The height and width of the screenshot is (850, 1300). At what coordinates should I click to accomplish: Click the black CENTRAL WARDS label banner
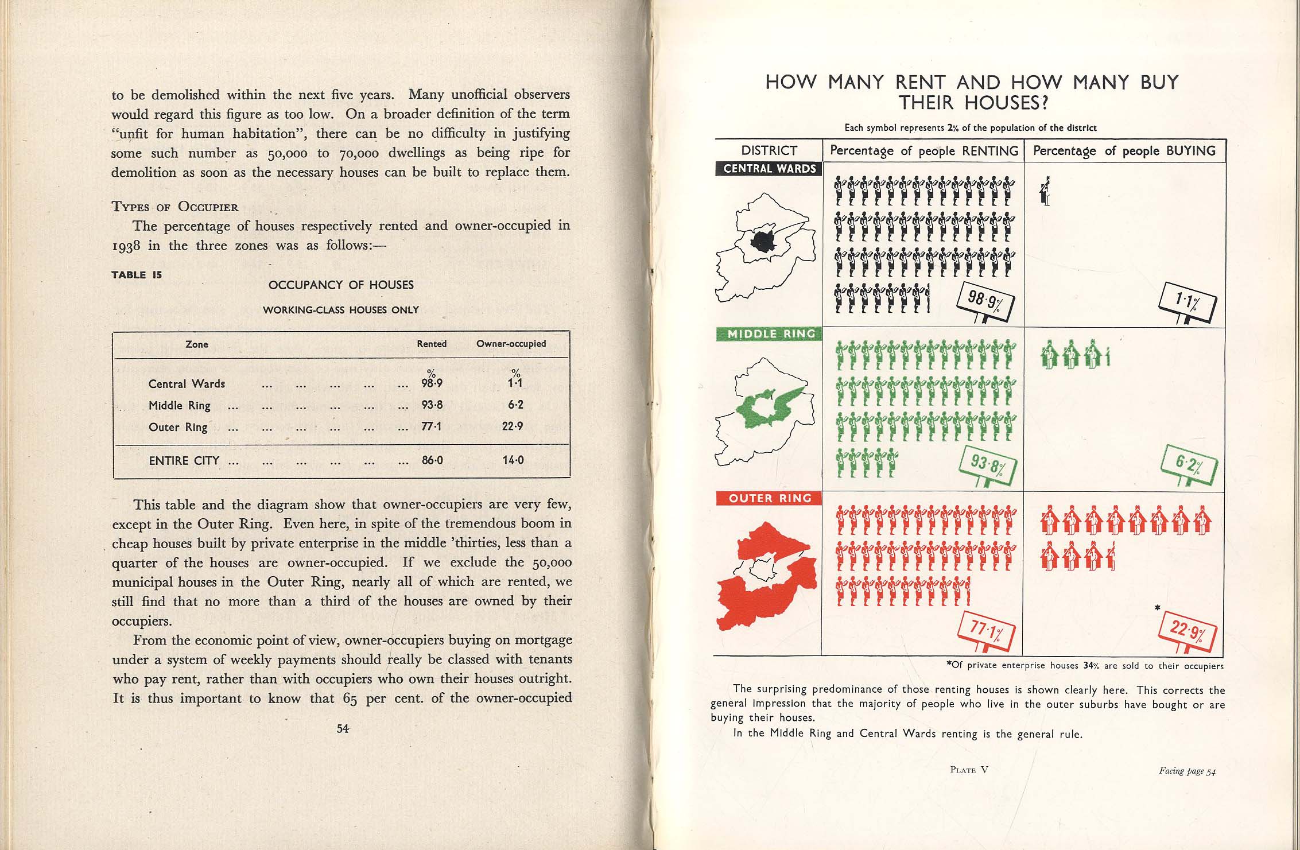769,169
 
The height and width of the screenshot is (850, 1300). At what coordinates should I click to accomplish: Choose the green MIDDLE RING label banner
770,334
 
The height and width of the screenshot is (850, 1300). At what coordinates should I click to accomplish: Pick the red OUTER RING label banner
770,498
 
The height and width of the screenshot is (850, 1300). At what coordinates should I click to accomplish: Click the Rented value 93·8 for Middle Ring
432,405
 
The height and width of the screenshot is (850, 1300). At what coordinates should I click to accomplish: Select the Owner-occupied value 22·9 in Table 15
513,426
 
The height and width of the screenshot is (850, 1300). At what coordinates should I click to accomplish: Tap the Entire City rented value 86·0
432,460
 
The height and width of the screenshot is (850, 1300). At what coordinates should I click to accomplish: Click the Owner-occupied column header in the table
511,344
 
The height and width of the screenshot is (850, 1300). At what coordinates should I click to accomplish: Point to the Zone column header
197,344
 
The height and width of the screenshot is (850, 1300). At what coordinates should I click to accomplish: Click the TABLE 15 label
137,275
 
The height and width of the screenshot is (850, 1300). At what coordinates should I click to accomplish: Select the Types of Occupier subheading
174,207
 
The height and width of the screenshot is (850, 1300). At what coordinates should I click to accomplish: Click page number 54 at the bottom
343,728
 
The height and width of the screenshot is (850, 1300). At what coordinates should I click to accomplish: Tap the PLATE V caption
969,770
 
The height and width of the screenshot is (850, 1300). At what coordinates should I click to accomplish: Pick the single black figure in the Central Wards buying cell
1046,192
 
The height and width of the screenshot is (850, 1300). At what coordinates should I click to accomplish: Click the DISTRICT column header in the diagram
769,151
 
